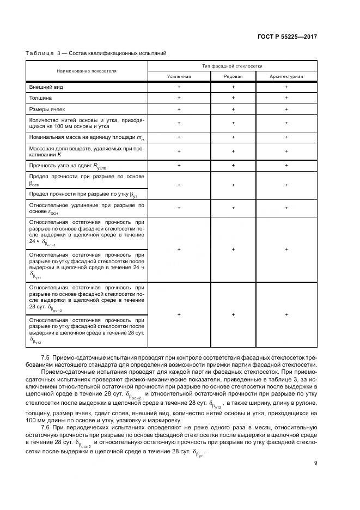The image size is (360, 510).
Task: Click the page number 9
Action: click(316, 464)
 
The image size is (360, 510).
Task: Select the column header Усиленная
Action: click(179, 76)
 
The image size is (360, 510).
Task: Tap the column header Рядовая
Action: click(233, 76)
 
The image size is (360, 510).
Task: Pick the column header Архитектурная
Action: click(286, 76)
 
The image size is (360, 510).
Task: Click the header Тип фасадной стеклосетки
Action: click(233, 65)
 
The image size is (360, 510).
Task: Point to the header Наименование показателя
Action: click(87, 71)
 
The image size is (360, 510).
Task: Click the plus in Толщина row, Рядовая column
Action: click(233, 98)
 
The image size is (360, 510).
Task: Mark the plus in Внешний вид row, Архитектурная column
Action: click(286, 87)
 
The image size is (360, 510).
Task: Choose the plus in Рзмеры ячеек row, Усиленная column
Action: click(179, 110)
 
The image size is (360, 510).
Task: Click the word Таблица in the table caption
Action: click(38, 53)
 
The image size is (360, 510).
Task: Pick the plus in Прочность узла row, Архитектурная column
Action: click(286, 165)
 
